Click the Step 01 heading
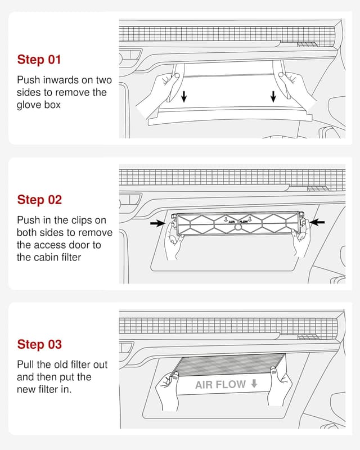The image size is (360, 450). tap(39, 60)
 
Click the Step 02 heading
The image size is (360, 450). tap(39, 200)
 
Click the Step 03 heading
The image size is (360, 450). tap(39, 344)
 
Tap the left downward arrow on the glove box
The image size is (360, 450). tap(184, 97)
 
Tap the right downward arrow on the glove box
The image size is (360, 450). tap(273, 97)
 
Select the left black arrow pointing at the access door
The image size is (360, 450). tap(157, 223)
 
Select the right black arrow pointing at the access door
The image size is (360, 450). tap(318, 223)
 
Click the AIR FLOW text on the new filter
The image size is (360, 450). tap(220, 385)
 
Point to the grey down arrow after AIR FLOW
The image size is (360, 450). tap(254, 384)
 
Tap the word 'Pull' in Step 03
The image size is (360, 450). tap(25, 364)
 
